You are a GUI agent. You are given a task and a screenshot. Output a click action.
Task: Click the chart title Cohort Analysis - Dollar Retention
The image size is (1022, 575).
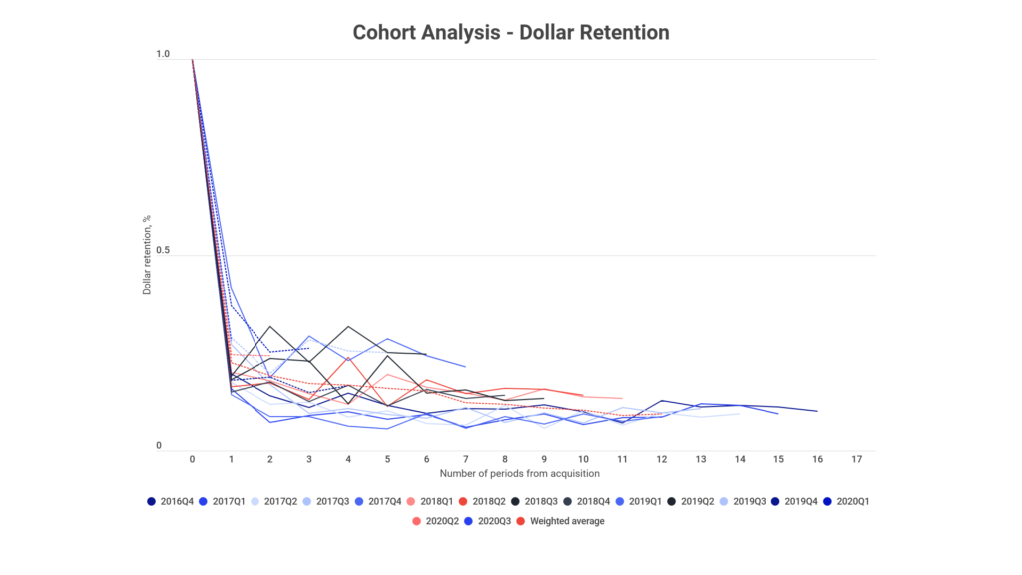pos(511,33)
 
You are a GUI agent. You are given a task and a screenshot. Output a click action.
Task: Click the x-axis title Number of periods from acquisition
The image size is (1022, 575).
pos(511,471)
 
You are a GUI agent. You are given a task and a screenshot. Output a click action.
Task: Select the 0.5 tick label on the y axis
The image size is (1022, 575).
pos(162,252)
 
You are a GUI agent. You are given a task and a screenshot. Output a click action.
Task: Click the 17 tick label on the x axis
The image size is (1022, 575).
pos(857,460)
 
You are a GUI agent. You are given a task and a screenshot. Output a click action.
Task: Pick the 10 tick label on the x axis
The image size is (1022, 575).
pos(583,460)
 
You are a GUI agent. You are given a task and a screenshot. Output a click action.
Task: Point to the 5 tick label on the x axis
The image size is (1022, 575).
pos(387,460)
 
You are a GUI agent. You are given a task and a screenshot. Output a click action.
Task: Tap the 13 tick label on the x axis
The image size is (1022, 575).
pos(701,460)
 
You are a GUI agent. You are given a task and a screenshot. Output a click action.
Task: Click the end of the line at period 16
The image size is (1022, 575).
pos(817,411)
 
